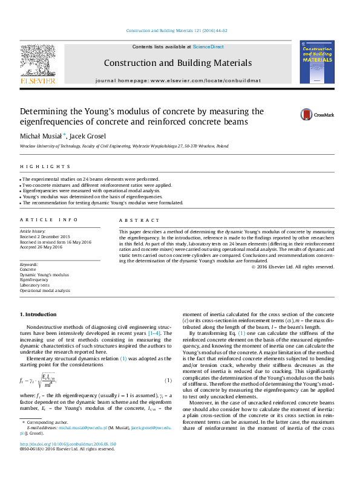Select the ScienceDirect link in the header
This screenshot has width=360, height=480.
208,47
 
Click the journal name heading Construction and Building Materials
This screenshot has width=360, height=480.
178,63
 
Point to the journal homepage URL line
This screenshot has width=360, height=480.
178,80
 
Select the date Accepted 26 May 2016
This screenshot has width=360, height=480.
41,247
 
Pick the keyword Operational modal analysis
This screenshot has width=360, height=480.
45,291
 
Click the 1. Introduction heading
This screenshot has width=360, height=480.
38,314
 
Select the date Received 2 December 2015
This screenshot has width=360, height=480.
45,236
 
